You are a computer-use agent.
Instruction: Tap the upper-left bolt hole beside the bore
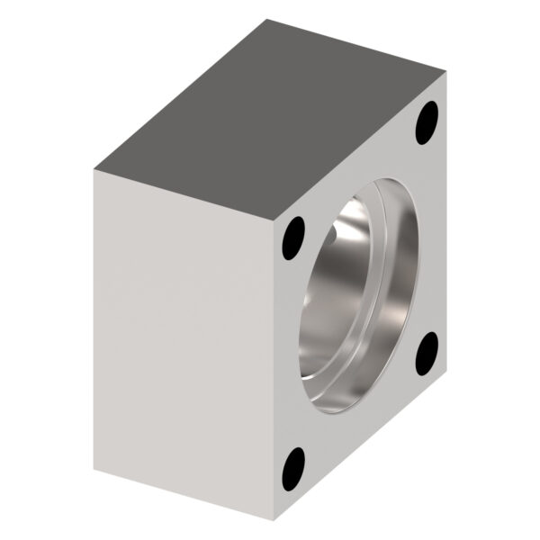pyautogui.click(x=293, y=239)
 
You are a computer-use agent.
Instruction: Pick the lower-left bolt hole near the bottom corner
pyautogui.click(x=293, y=469)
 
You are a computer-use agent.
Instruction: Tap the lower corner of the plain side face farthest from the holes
pyautogui.click(x=93, y=469)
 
